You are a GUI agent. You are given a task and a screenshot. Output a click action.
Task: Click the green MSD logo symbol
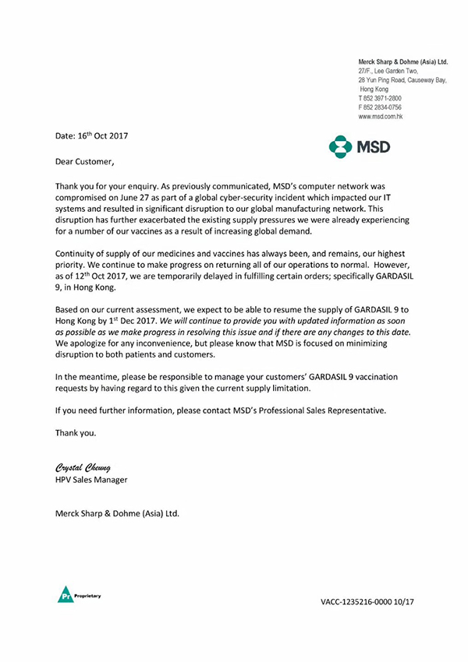(341, 146)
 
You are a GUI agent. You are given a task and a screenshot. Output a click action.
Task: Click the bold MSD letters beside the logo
(373, 146)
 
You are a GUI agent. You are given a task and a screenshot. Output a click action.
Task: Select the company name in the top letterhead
(402, 61)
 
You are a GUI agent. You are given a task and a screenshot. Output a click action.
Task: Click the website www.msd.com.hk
(381, 116)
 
